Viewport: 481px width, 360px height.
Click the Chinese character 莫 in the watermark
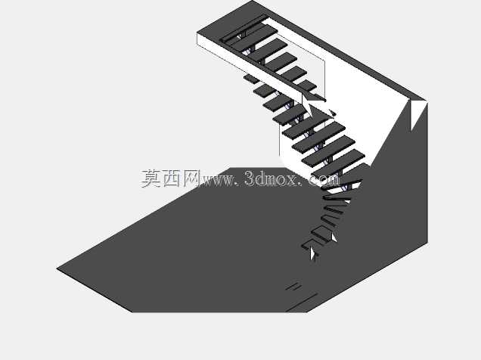coord(151,178)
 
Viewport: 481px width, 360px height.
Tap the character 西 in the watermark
coord(171,178)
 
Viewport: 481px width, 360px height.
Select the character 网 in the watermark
coord(191,178)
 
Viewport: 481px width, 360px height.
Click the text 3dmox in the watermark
coord(271,178)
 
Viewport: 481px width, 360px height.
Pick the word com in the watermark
coord(324,180)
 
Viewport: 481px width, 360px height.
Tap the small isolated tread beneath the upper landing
coord(252,79)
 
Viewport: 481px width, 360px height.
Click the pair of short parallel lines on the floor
coord(293,287)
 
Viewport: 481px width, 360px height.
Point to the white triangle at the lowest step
coord(312,254)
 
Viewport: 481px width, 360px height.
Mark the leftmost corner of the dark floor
coord(57,268)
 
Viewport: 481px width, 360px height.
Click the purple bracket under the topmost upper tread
coord(239,37)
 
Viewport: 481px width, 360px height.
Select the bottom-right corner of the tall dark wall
coord(427,243)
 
